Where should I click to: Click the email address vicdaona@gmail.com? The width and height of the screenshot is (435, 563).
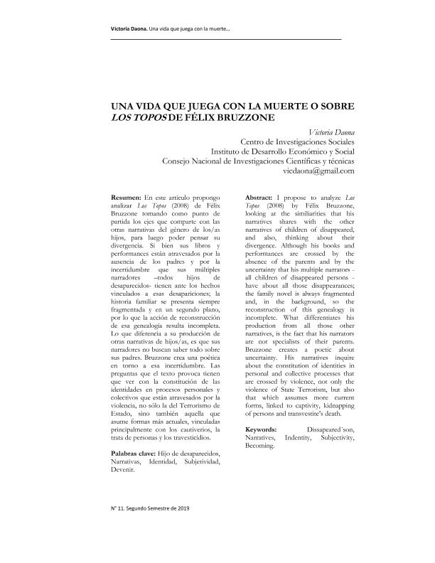coord(318,171)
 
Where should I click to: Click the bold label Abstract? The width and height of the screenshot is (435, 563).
coord(260,195)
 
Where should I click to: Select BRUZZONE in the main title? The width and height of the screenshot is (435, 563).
coord(242,116)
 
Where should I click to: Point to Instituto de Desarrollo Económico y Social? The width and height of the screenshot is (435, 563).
coord(283,151)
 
